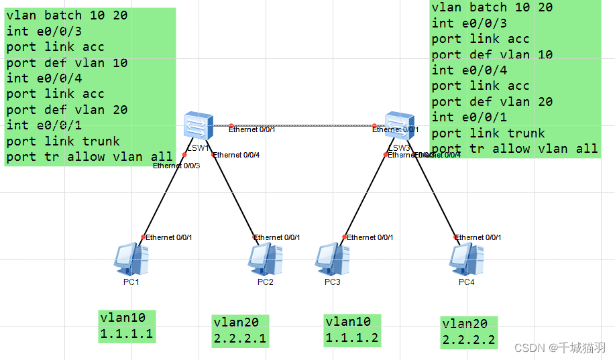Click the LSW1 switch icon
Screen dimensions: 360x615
(x=199, y=126)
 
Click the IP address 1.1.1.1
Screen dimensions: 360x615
(x=127, y=334)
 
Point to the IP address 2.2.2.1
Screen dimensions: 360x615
(x=239, y=338)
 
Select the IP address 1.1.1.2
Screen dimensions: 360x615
(x=352, y=337)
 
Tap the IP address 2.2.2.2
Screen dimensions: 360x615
(x=469, y=340)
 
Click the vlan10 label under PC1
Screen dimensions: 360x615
(x=127, y=318)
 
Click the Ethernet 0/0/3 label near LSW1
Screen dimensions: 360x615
(x=176, y=166)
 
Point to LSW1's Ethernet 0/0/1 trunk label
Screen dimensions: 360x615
(x=252, y=129)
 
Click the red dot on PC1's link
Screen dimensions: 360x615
(x=144, y=237)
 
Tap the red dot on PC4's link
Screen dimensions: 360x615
(x=456, y=237)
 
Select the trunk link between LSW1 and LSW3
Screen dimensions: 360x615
(x=302, y=125)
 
